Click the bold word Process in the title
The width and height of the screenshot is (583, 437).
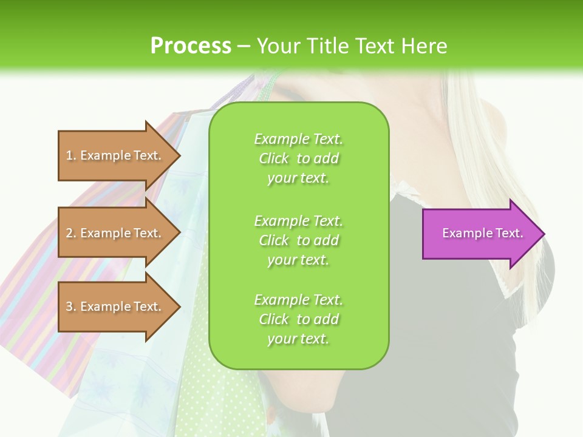tap(191, 46)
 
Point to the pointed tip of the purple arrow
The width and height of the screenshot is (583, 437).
tap(543, 234)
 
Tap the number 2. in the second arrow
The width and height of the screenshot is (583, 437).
tap(71, 233)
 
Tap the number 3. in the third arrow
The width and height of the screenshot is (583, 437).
tap(71, 307)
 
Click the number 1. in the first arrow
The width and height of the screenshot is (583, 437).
tap(71, 155)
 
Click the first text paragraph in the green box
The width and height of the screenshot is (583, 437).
tap(298, 158)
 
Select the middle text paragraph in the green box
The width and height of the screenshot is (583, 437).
tap(298, 240)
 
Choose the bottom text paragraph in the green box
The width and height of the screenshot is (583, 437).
tap(298, 319)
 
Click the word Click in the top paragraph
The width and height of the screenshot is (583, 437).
tap(274, 159)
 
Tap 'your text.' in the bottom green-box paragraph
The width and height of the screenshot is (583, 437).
tap(298, 339)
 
